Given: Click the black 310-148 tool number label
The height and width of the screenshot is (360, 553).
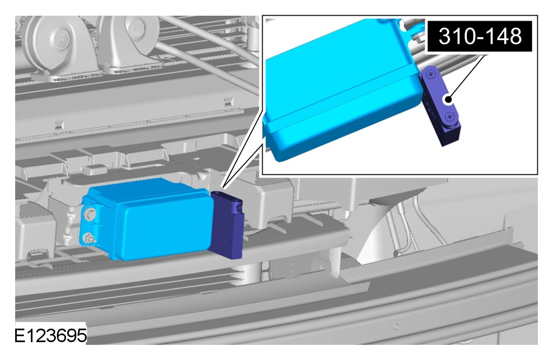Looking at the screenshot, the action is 480,36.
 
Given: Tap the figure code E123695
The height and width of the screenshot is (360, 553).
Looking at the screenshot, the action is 50,335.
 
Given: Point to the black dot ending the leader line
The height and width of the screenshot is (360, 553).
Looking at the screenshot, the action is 448,100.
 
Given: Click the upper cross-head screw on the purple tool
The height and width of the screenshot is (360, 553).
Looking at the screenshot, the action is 431,74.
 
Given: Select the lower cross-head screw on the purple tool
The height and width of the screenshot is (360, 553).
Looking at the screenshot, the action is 450,117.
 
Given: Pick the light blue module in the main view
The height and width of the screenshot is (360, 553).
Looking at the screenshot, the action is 148,219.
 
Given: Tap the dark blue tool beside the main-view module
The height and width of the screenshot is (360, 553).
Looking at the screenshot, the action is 227,225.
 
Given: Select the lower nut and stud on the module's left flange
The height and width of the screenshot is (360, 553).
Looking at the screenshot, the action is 88,239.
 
